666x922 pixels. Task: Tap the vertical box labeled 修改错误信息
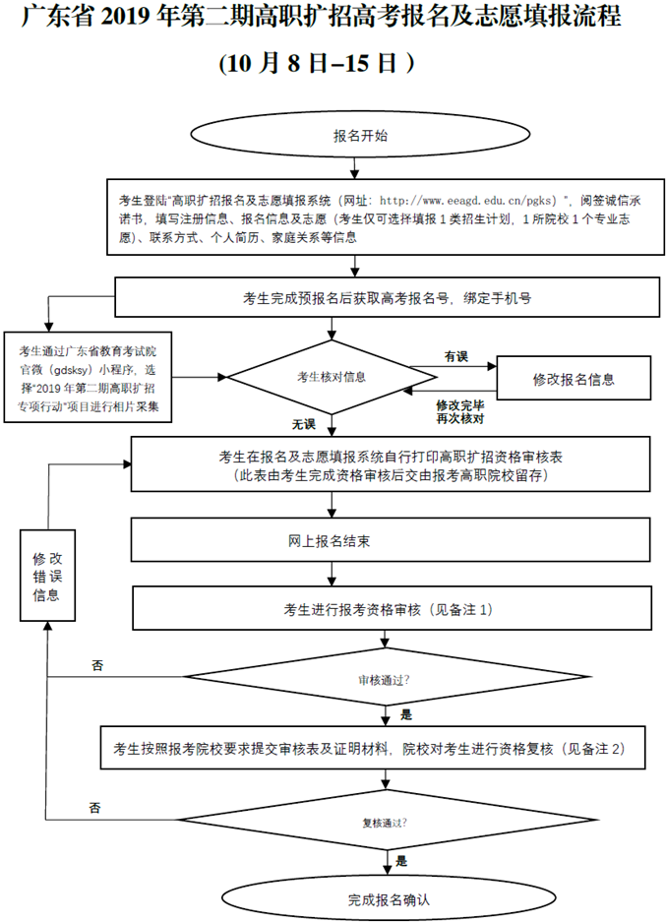[x=46, y=576]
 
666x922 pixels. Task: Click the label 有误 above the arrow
[x=455, y=355]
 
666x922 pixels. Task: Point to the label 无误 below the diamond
[x=302, y=425]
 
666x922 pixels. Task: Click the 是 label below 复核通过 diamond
[x=400, y=860]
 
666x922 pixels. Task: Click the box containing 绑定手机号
[x=387, y=297]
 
